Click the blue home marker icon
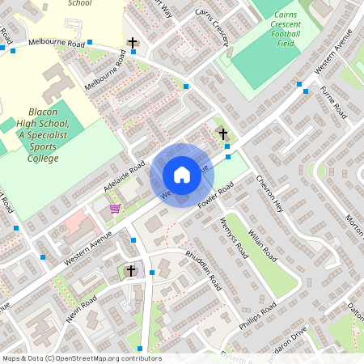[x=182, y=175]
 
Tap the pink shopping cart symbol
[x=115, y=208]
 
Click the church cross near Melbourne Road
[x=133, y=42]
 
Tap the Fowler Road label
[x=215, y=198]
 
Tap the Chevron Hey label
[x=271, y=193]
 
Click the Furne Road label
[x=332, y=104]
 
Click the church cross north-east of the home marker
[x=224, y=133]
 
